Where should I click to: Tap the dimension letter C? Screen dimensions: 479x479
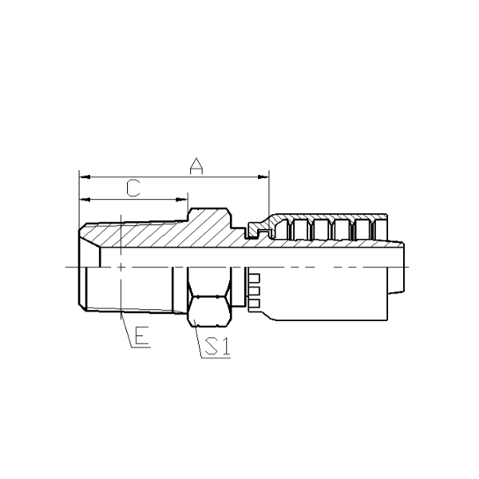pyautogui.click(x=134, y=188)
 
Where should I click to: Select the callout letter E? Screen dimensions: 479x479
pyautogui.click(x=141, y=337)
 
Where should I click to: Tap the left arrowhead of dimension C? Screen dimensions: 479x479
pyautogui.click(x=83, y=199)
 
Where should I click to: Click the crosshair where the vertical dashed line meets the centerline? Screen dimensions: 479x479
pyautogui.click(x=120, y=266)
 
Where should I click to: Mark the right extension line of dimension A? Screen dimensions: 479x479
pyautogui.click(x=269, y=192)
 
